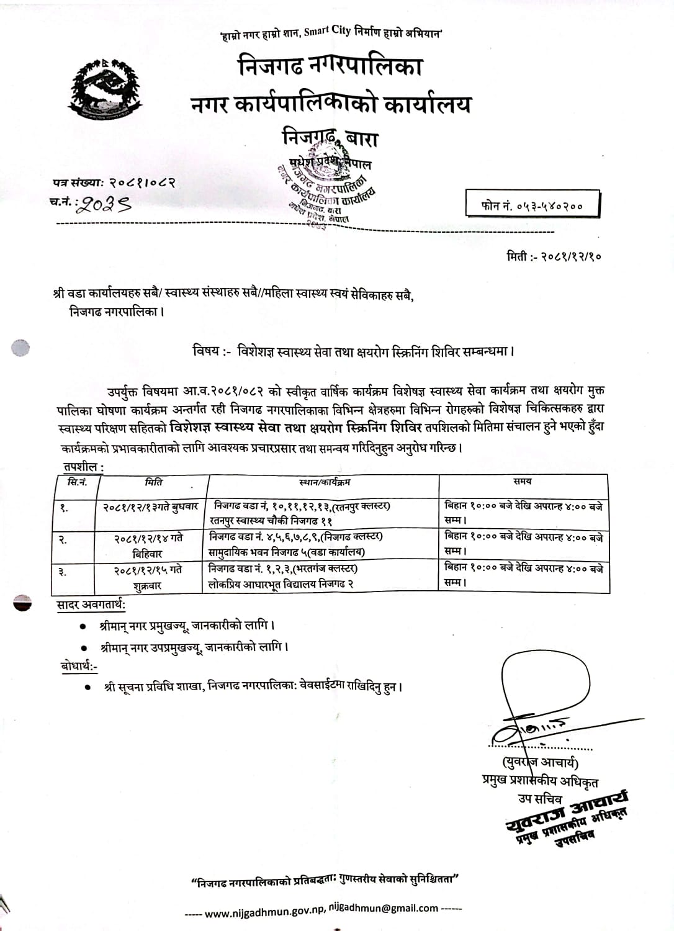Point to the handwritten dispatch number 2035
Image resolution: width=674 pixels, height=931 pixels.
(102, 204)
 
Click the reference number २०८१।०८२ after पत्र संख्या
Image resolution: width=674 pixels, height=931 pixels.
(142, 183)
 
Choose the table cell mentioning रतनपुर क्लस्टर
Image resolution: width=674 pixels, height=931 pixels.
(302, 513)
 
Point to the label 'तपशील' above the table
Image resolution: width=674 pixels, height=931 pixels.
(81, 466)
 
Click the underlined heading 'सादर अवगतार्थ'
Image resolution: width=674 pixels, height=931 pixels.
(91, 605)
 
